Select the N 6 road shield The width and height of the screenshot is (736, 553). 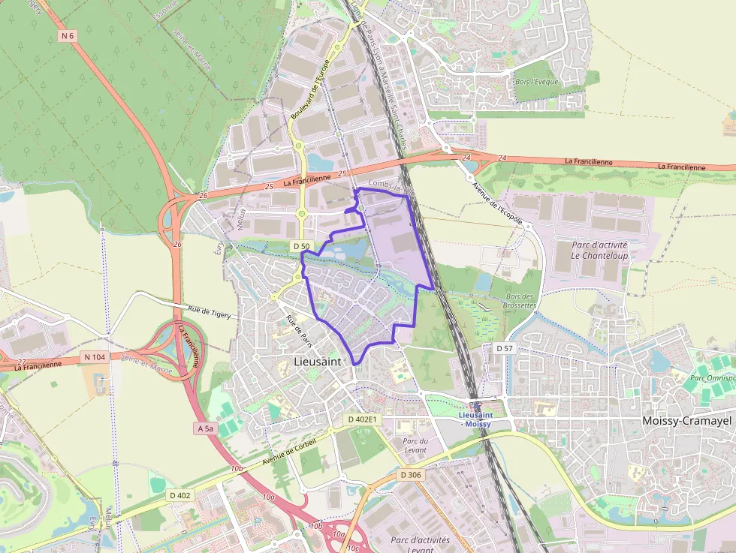pos(68,36)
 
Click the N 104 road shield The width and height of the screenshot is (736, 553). pos(95,356)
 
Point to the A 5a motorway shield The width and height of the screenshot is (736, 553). pos(205,428)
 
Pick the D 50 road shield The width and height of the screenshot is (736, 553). pos(302,246)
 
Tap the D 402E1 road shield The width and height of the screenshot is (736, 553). pos(363,419)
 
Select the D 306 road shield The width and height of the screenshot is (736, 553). pos(410,475)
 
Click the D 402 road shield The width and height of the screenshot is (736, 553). pos(180,495)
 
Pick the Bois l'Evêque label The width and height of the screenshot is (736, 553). pos(537,81)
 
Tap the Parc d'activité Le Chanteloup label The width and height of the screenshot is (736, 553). pos(599,250)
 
